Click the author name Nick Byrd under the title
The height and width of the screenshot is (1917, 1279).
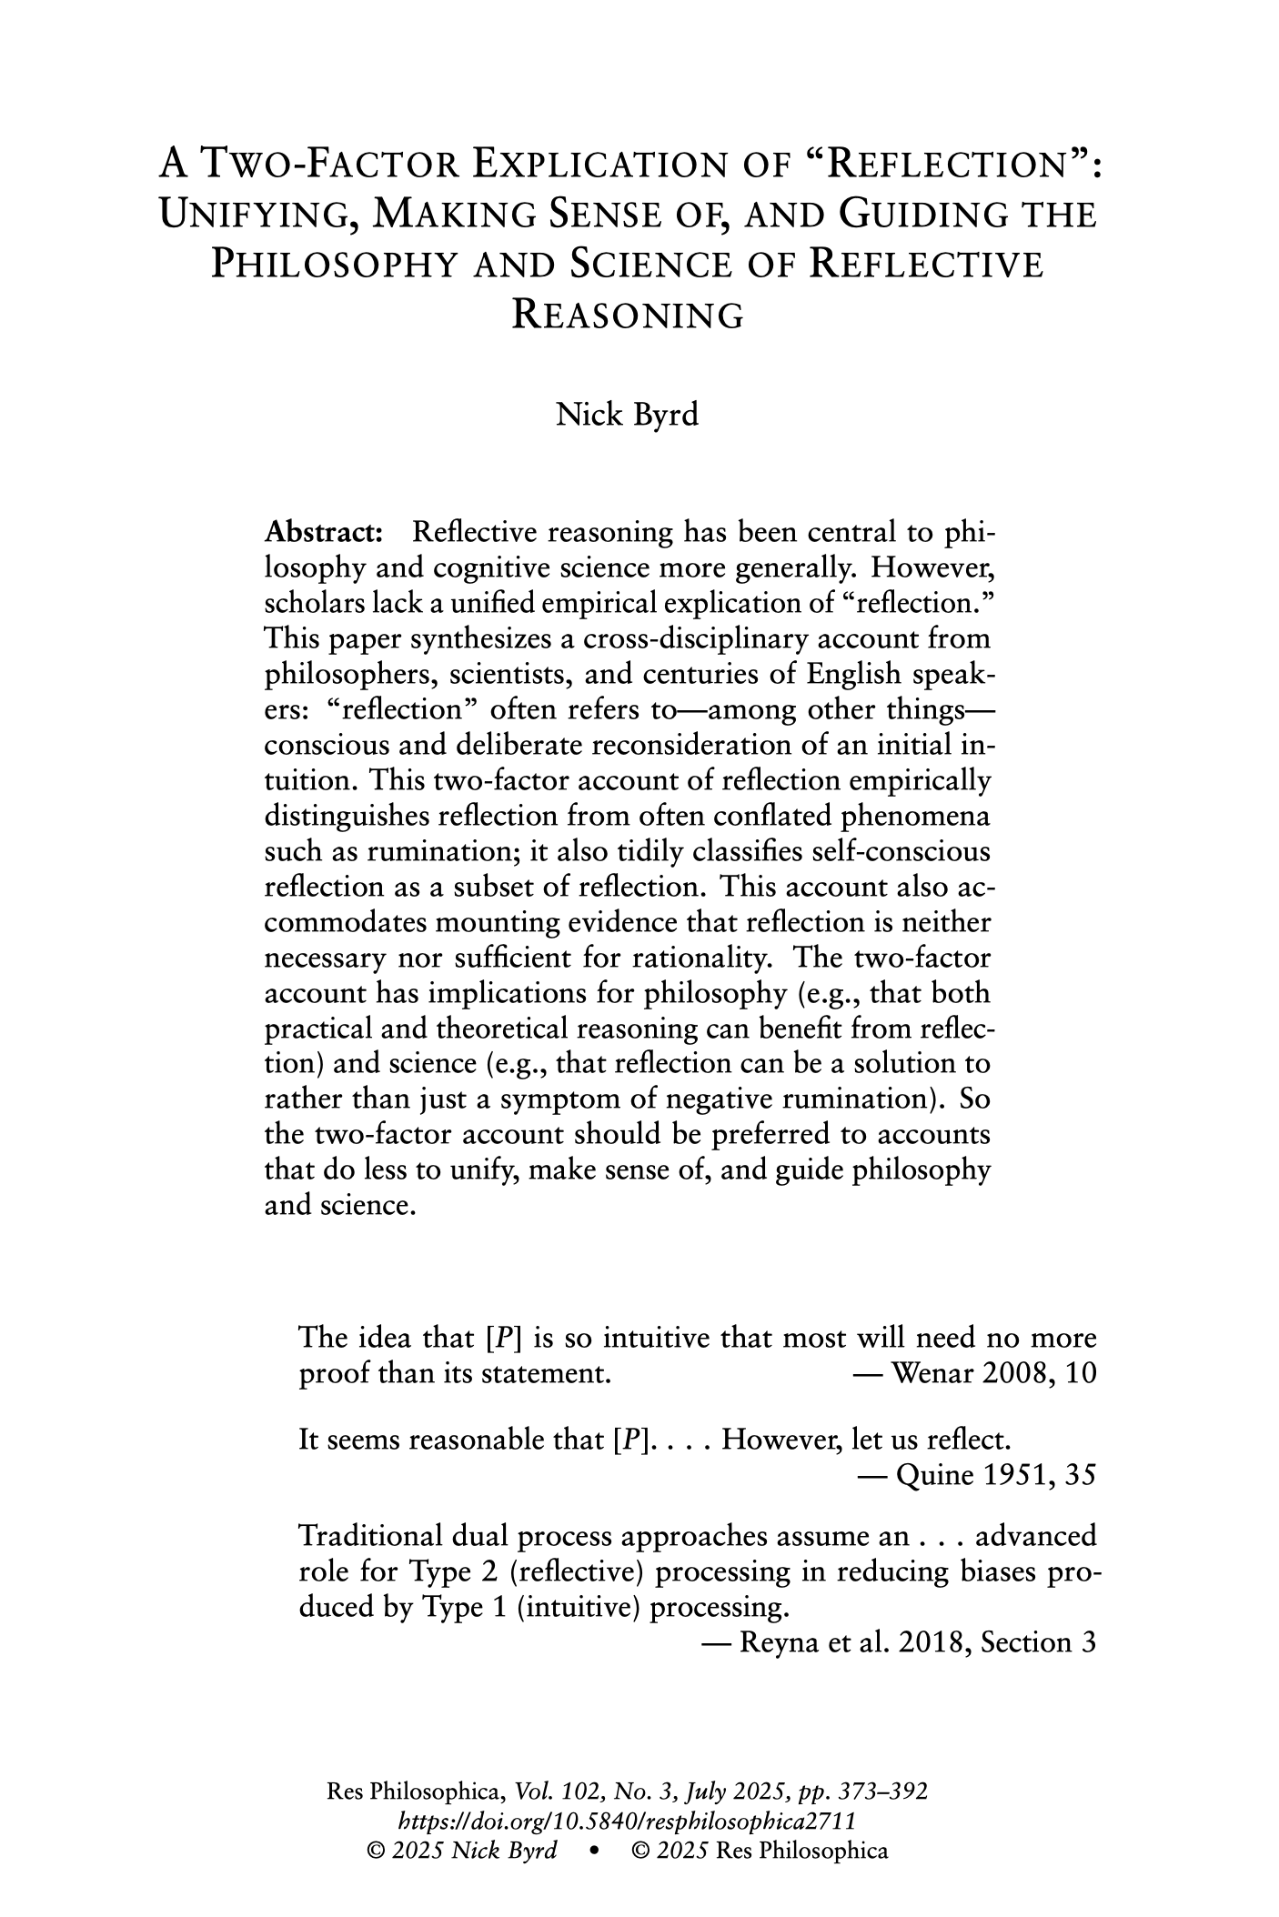click(627, 415)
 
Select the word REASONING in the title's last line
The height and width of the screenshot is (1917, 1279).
click(628, 316)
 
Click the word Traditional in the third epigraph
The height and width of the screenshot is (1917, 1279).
click(369, 1536)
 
